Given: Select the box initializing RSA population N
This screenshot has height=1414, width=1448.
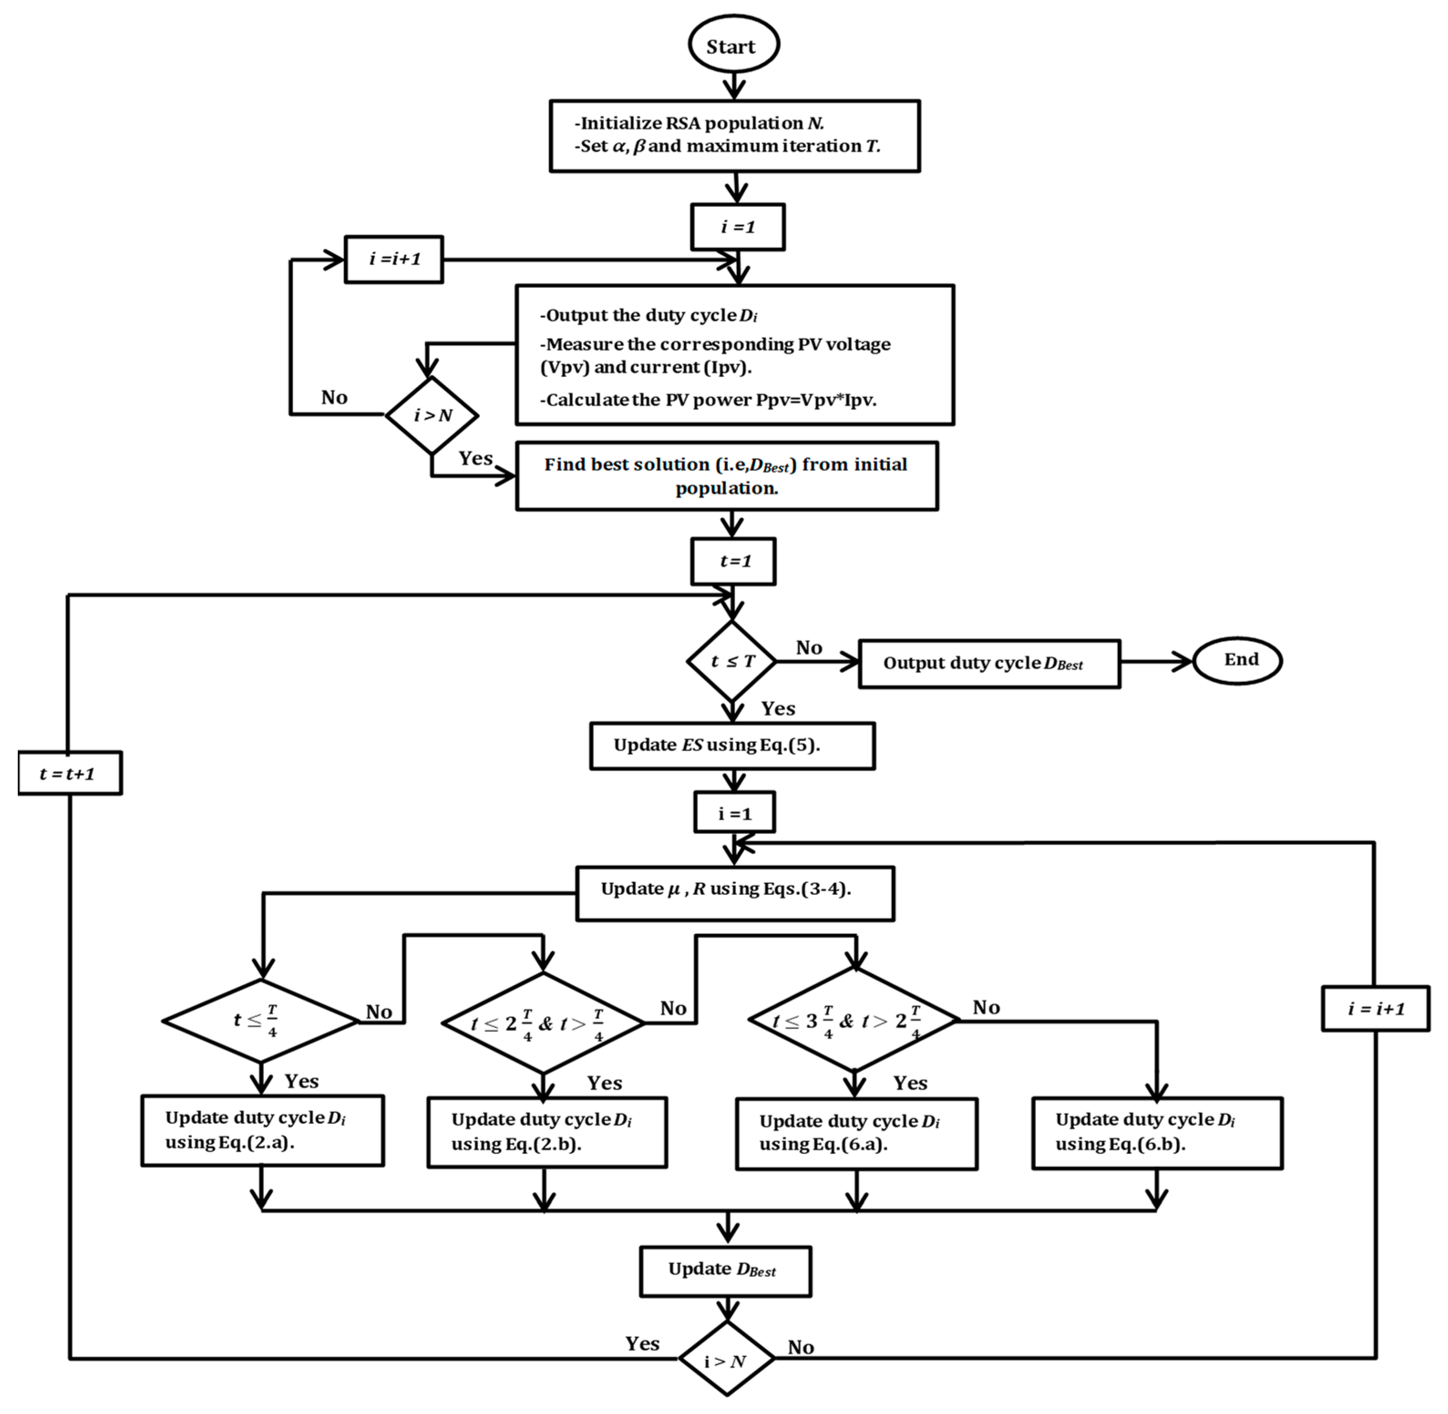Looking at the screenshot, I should coord(734,136).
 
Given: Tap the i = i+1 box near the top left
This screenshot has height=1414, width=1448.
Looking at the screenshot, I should coord(394,259).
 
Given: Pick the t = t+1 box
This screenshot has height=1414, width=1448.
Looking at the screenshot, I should coord(69,773).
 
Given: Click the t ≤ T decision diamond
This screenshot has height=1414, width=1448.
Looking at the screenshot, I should coord(732,661).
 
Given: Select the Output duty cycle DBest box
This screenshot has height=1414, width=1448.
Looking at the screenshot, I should coord(989,663).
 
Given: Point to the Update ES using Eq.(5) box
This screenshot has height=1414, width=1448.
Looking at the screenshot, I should coord(732,745).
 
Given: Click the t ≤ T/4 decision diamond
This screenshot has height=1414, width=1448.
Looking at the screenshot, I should coord(260,1021).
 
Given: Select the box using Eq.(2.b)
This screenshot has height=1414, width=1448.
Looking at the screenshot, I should coord(547,1132).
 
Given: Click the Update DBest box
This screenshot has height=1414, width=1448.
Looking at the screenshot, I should coord(725,1271).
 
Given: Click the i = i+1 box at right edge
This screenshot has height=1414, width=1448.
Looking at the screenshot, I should coord(1375,1009).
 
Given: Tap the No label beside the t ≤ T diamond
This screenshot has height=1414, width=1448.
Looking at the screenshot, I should coord(808,648).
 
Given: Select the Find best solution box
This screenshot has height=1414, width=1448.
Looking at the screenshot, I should coord(727,476).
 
